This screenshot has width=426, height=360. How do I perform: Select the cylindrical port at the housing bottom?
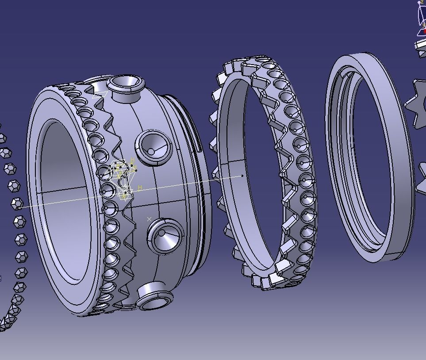point(153,295)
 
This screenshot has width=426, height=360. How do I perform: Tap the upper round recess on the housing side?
point(154,147)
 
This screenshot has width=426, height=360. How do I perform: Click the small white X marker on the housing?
point(150,219)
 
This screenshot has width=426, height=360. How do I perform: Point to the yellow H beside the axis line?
point(140,188)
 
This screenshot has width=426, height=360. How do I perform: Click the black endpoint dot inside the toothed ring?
point(242,176)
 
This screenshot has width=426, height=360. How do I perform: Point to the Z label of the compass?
point(422,3)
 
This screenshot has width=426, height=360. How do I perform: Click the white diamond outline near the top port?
point(100,94)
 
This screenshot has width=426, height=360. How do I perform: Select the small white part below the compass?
point(420,45)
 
